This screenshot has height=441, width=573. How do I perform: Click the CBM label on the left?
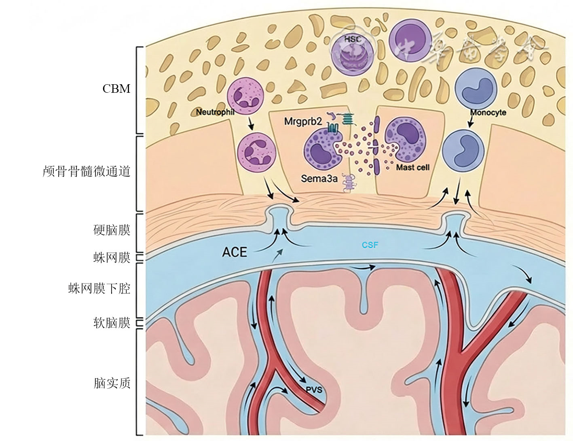coord(116,89)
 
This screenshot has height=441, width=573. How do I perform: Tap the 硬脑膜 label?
coord(112,230)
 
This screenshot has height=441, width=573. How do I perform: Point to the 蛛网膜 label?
coord(112,258)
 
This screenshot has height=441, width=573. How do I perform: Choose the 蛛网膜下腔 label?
coord(99,289)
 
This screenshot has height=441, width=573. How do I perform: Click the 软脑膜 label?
coord(112,323)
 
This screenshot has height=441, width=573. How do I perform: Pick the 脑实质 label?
coord(112,383)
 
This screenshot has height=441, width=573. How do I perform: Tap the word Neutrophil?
coord(215,112)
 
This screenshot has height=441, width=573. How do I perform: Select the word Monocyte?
coord(488,112)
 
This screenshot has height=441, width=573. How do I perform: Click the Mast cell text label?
coord(412,167)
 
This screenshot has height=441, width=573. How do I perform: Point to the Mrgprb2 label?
coord(303,121)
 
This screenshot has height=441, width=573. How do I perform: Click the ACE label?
coord(235,252)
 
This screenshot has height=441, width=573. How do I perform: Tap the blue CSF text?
coord(370,245)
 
